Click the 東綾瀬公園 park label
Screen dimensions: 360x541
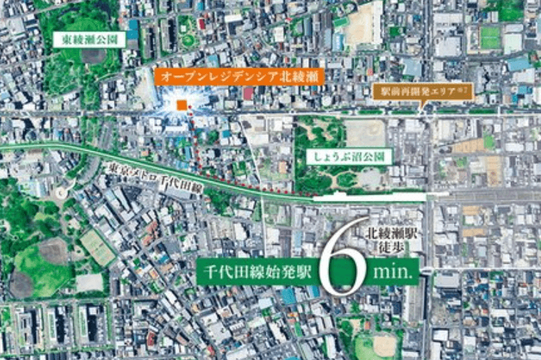pyautogui.click(x=90, y=40)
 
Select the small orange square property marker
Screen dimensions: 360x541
pyautogui.click(x=181, y=105)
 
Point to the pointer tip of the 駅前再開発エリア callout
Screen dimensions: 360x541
pyautogui.click(x=420, y=108)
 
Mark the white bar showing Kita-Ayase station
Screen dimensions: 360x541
pyautogui.click(x=369, y=197)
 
